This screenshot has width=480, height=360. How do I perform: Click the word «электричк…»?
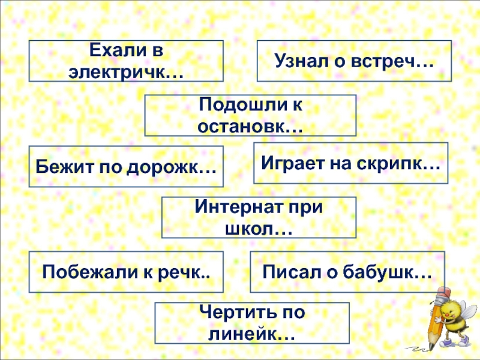tap(126, 71)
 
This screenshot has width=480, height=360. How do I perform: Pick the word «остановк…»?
tap(250, 125)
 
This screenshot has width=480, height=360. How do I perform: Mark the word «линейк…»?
tap(251, 334)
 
